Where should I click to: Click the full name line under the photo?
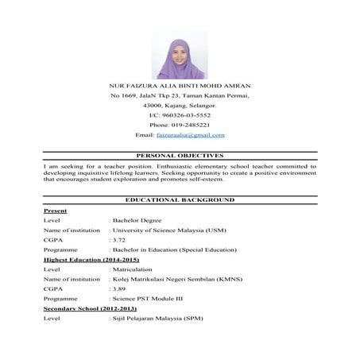coord(180,84)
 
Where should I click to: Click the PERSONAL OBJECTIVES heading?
coord(180,156)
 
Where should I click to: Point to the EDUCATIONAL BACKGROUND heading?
coord(180,199)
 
